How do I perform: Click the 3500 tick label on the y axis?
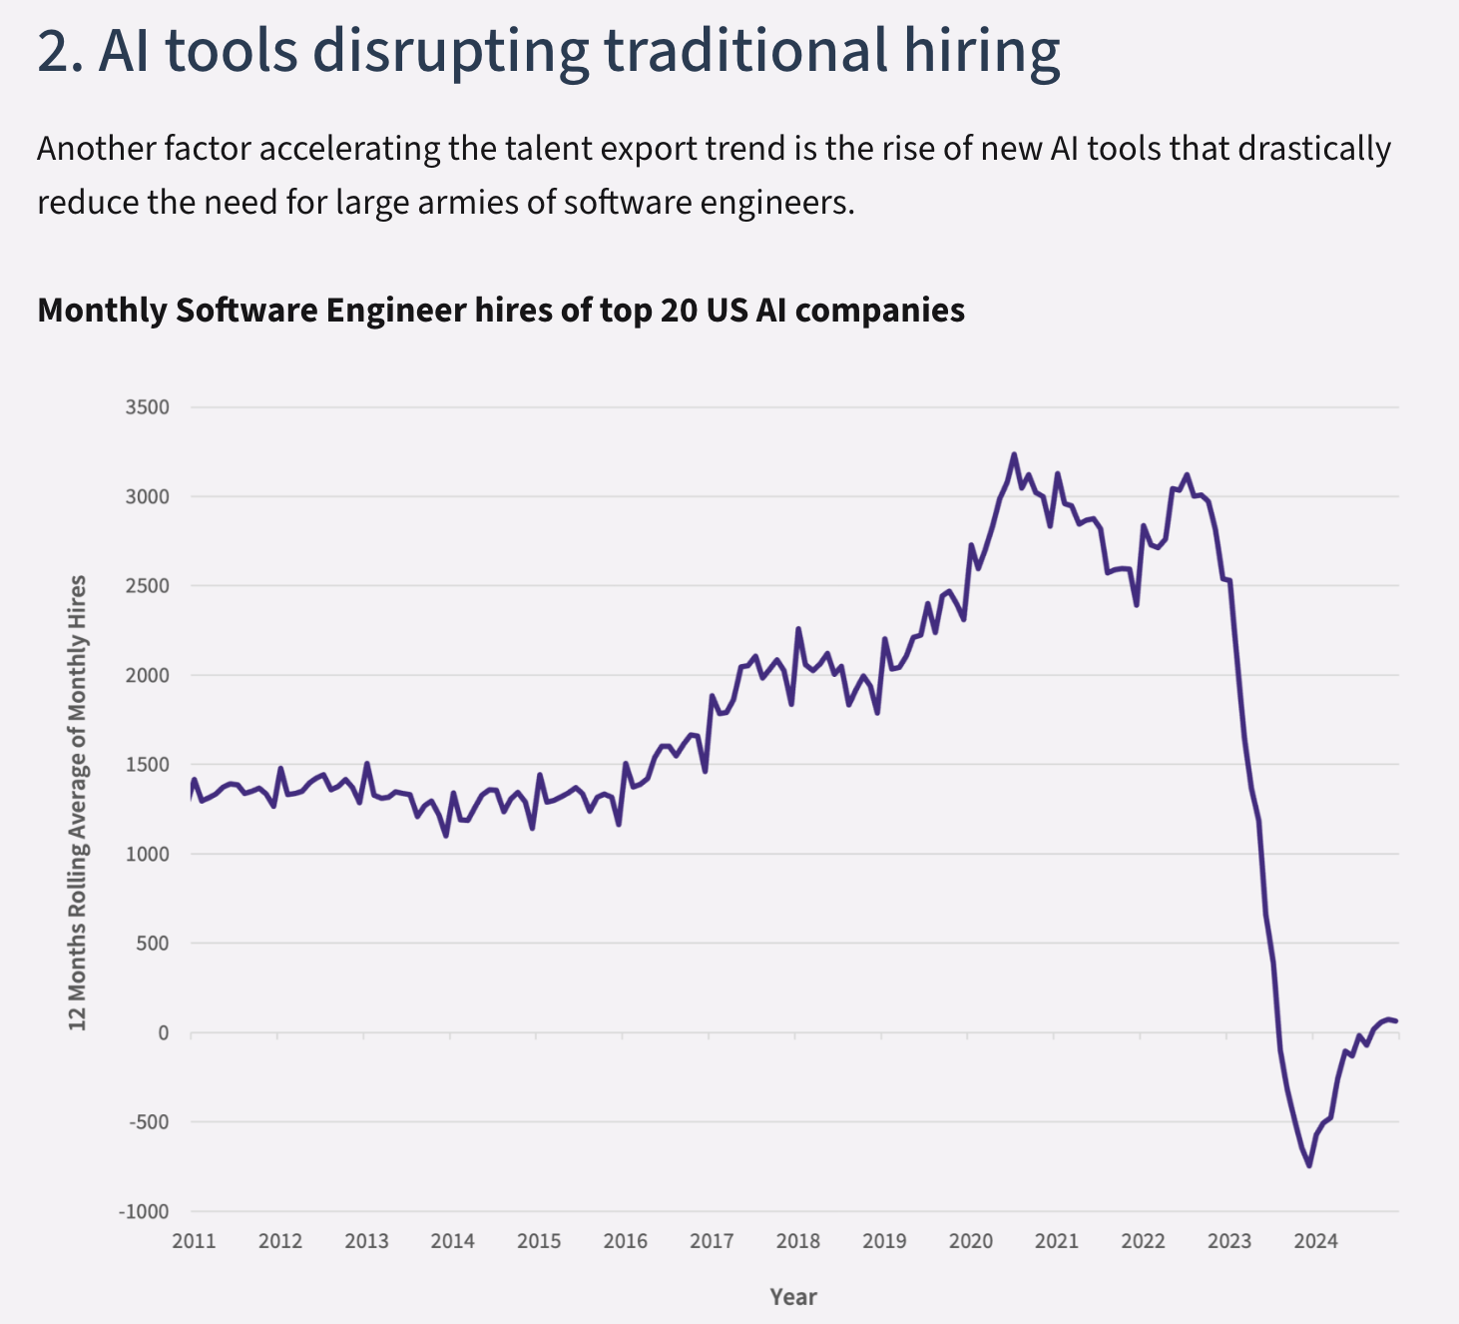(x=147, y=407)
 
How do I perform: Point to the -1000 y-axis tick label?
(x=144, y=1211)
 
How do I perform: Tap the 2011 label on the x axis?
(x=194, y=1241)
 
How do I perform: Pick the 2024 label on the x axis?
(x=1315, y=1241)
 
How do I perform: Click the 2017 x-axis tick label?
(x=712, y=1241)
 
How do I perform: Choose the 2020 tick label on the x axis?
(x=970, y=1241)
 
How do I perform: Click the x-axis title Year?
(x=793, y=1297)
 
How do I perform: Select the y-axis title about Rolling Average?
(x=78, y=803)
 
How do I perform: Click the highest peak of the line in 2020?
(x=1014, y=455)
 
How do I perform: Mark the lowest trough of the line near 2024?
(x=1308, y=1165)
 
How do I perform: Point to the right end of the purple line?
(x=1396, y=1020)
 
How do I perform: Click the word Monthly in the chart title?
(x=101, y=310)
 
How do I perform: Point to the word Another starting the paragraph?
(x=96, y=149)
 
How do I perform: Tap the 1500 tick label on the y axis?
(x=147, y=765)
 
